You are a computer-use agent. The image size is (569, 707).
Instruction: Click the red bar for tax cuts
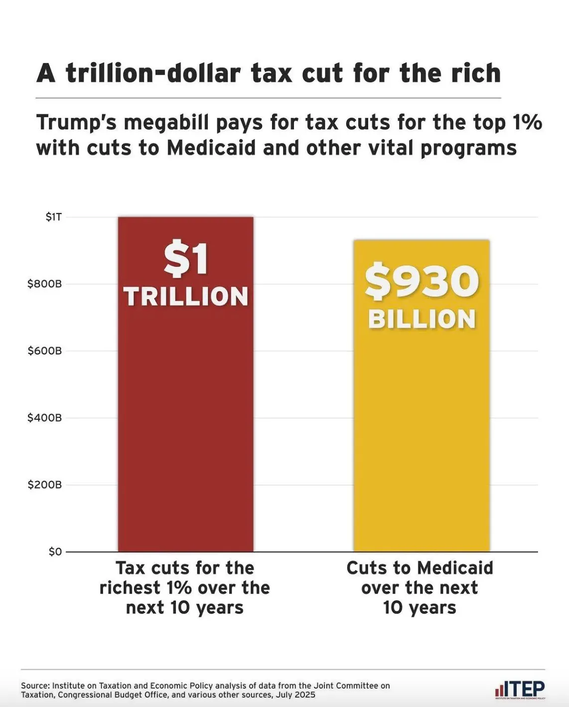pyautogui.click(x=185, y=423)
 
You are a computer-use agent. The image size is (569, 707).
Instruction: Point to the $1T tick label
pyautogui.click(x=53, y=217)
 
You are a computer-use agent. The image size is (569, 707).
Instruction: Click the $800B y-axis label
pyautogui.click(x=45, y=284)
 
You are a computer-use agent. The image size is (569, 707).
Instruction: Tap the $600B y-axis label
pyautogui.click(x=45, y=351)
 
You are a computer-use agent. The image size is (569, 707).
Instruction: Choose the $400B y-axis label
pyautogui.click(x=45, y=418)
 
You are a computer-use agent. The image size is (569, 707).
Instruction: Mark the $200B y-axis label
pyautogui.click(x=45, y=485)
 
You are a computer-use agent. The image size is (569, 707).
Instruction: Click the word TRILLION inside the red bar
pyautogui.click(x=186, y=297)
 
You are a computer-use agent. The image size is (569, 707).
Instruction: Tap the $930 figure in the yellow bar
pyautogui.click(x=422, y=282)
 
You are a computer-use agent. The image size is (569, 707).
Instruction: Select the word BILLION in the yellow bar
pyautogui.click(x=422, y=320)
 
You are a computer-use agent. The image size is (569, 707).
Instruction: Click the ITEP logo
pyautogui.click(x=520, y=690)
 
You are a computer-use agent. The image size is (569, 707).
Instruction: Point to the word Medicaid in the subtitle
pyautogui.click(x=211, y=148)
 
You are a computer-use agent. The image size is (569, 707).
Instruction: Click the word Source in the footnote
pyautogui.click(x=35, y=686)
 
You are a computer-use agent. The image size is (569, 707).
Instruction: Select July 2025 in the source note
pyautogui.click(x=298, y=695)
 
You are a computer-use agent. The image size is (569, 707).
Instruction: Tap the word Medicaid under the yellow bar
pyautogui.click(x=455, y=568)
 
